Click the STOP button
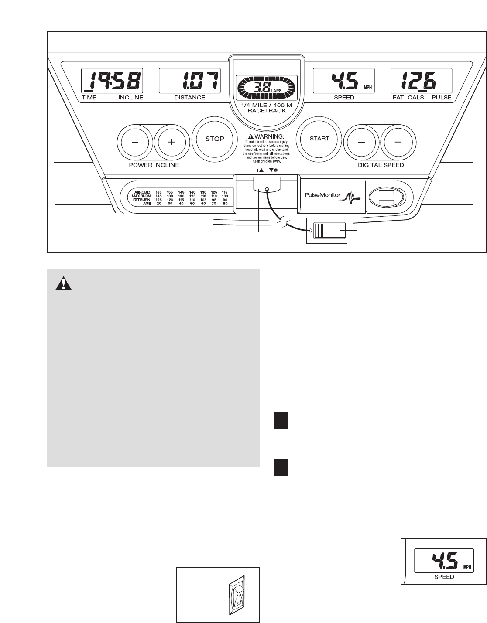[x=214, y=139]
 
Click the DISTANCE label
[x=190, y=98]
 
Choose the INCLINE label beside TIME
[x=130, y=98]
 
